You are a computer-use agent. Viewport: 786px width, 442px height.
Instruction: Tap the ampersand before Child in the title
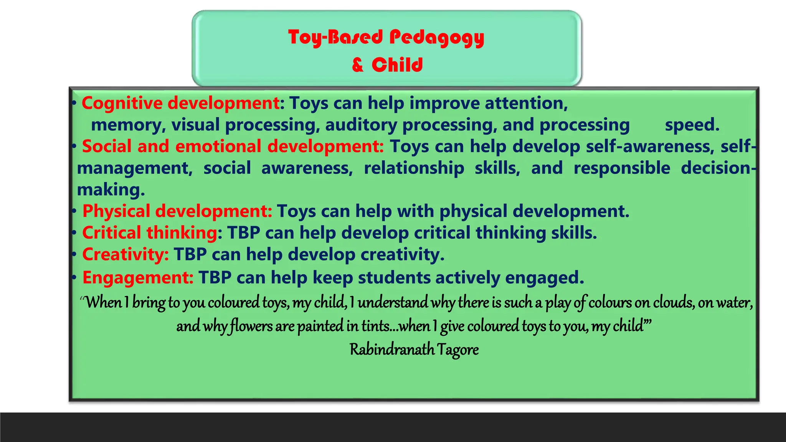pyautogui.click(x=357, y=65)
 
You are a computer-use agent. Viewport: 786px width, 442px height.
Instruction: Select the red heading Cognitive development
pyautogui.click(x=180, y=103)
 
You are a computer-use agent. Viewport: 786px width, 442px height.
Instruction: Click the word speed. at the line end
pyautogui.click(x=692, y=125)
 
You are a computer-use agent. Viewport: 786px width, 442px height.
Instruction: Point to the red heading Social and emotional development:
pyautogui.click(x=233, y=147)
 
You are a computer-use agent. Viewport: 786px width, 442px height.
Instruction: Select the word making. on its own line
pyautogui.click(x=111, y=190)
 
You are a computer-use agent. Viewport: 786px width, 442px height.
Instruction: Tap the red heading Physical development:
pyautogui.click(x=177, y=211)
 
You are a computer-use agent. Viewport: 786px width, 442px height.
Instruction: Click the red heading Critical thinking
pyautogui.click(x=150, y=233)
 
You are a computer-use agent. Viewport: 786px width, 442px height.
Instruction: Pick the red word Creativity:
pyautogui.click(x=125, y=254)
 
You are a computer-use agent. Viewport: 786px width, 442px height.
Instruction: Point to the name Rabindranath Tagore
pyautogui.click(x=414, y=350)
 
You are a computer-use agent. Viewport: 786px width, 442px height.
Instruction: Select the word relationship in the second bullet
pyautogui.click(x=414, y=168)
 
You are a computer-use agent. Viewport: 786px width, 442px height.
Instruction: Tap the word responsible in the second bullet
pyautogui.click(x=622, y=168)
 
